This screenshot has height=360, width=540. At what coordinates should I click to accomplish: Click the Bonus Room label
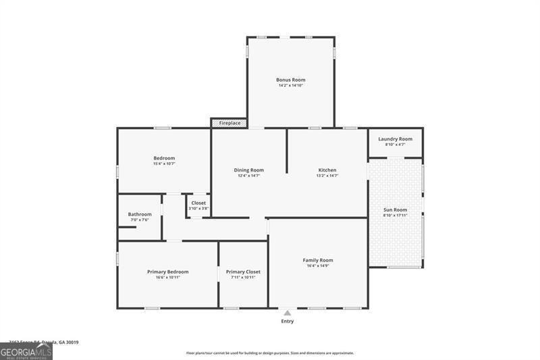[x=290, y=80]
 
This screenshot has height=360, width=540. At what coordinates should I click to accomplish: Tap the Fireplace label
[x=230, y=123]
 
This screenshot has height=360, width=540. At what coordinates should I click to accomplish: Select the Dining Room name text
[x=248, y=170]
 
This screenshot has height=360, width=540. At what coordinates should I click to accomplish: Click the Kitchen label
[x=327, y=170]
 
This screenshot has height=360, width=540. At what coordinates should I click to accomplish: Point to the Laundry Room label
[x=395, y=139]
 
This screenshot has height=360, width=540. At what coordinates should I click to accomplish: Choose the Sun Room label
[x=396, y=210]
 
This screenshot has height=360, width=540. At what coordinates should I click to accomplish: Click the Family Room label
[x=317, y=260]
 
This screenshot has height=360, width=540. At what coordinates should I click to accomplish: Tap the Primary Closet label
[x=243, y=272]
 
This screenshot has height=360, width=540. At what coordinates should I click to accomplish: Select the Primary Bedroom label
[x=167, y=272]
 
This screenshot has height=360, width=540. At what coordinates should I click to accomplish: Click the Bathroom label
[x=140, y=214]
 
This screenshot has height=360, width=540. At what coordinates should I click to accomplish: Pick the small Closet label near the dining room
[x=198, y=203]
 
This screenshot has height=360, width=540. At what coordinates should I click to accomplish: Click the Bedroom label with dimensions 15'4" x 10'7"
[x=164, y=158]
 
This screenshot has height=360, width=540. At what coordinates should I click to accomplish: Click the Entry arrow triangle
[x=288, y=313]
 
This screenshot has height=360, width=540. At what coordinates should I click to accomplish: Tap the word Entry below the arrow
[x=288, y=322]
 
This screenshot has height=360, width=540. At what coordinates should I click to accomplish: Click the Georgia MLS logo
[x=26, y=351]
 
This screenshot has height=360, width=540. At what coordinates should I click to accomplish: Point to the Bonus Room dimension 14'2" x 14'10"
[x=290, y=86]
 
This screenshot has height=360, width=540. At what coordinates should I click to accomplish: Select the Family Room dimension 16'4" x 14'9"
[x=317, y=266]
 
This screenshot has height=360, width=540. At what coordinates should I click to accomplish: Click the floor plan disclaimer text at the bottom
[x=270, y=353]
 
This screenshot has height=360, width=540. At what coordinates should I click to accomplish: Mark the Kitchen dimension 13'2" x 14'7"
[x=327, y=176]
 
